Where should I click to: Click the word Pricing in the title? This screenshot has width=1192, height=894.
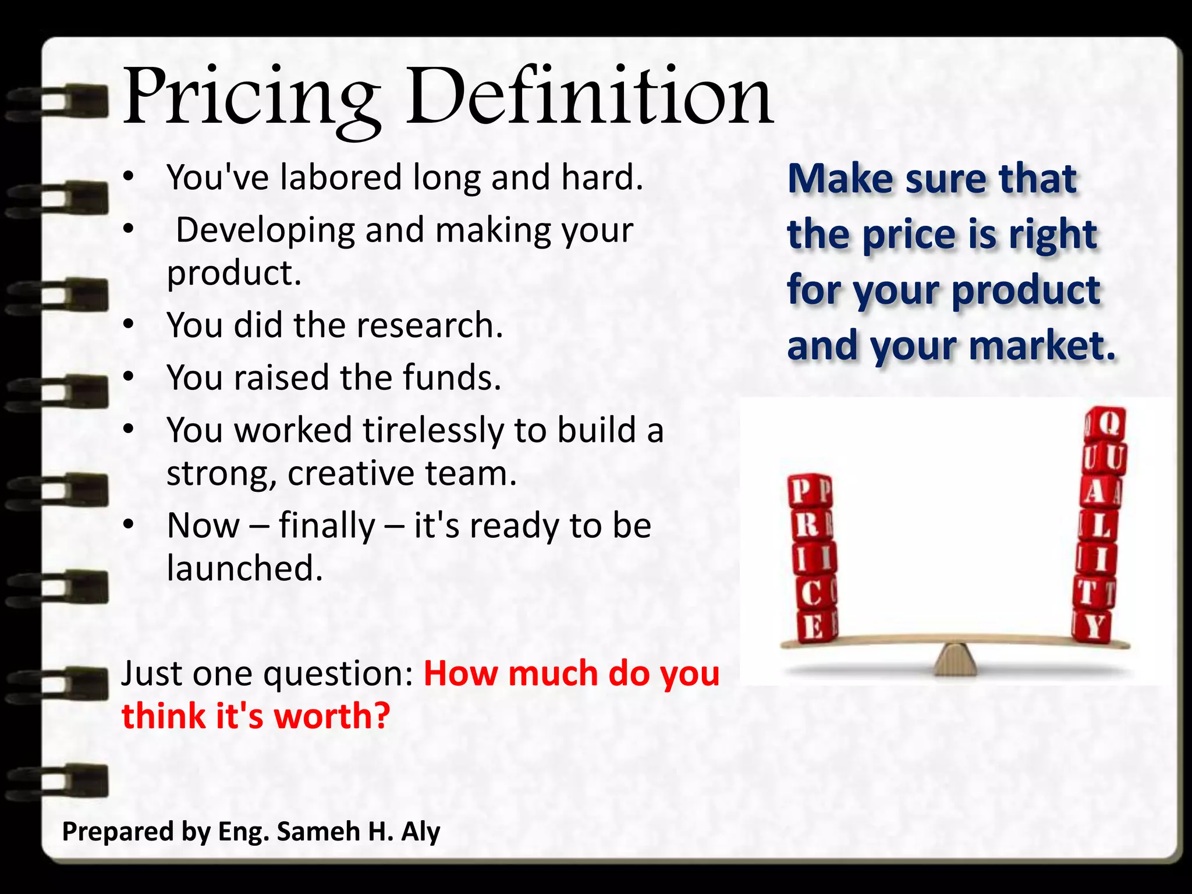click(250, 99)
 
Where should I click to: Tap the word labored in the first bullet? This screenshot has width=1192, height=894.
click(340, 177)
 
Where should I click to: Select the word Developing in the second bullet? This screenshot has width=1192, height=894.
click(265, 230)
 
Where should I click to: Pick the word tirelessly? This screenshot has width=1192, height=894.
click(433, 431)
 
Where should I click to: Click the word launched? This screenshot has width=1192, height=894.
click(244, 568)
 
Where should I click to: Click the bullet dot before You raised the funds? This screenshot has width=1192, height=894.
click(129, 377)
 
